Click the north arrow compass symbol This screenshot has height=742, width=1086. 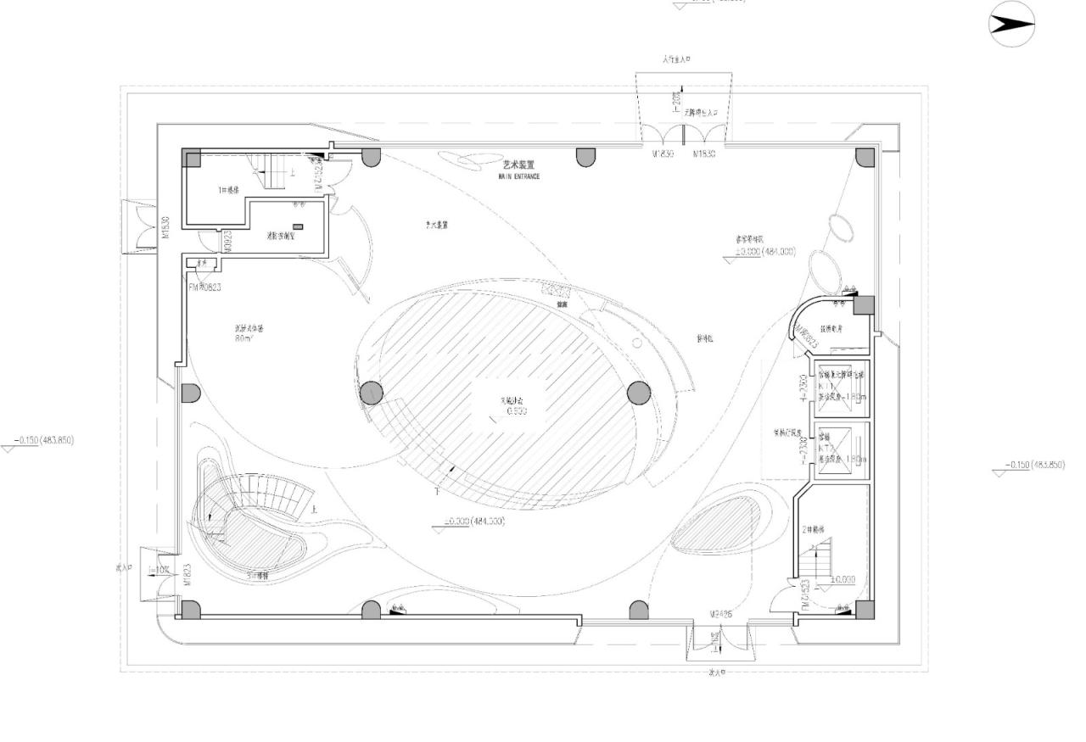coord(1012,25)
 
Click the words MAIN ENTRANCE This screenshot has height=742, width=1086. coord(518,176)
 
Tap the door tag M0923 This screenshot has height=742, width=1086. coord(227,242)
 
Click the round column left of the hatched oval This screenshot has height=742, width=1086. coord(372,393)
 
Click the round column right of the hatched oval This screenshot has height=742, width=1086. coord(639,393)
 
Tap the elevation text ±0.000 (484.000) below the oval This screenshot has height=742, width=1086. coord(474,521)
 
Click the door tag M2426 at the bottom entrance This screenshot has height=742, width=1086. coord(720,613)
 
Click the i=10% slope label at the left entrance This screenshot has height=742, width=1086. coord(159,569)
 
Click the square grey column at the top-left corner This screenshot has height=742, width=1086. coord(193,158)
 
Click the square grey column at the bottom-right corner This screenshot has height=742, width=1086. coord(864,610)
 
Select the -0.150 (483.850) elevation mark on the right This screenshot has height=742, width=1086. coord(1033,465)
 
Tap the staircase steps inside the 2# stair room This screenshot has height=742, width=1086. coord(821,564)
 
